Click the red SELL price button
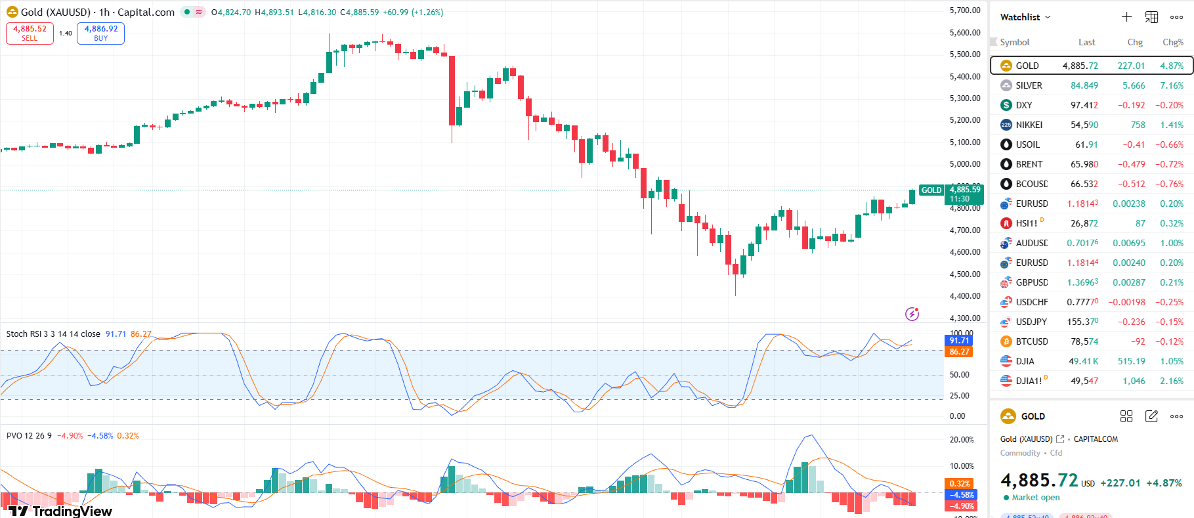coord(30,33)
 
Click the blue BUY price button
coord(100,33)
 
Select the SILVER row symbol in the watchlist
coord(1029,85)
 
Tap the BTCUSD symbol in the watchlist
coord(1031,341)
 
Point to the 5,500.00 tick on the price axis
coord(964,54)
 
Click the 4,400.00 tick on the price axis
coord(964,296)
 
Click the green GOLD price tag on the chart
coord(931,190)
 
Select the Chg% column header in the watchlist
coord(1172,42)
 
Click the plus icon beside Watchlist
coord(1126,17)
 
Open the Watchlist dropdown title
coord(1025,17)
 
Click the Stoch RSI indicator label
coord(53,334)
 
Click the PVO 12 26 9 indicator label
coord(29,436)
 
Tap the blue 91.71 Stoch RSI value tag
coord(959,341)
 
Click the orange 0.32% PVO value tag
coord(960,484)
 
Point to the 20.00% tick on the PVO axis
coord(962,440)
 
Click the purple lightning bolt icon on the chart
coord(912,314)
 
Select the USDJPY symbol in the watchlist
coord(1031,322)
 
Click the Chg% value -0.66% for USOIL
coord(1169,144)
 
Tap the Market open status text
coord(1035,498)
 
